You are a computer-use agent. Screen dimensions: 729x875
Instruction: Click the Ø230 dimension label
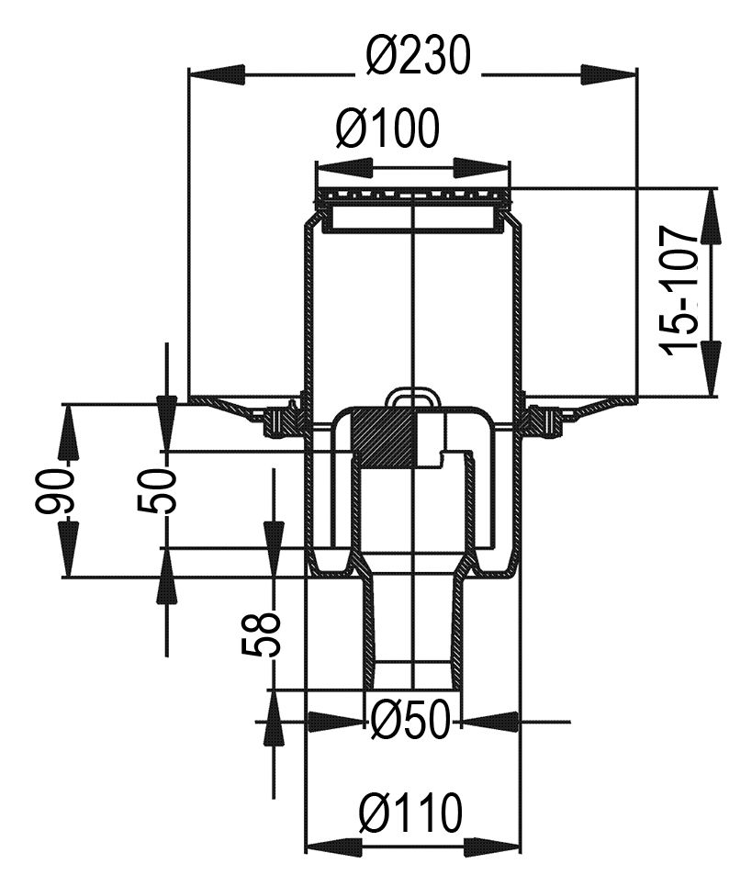click(x=419, y=55)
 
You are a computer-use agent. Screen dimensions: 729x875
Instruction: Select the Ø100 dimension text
click(x=388, y=129)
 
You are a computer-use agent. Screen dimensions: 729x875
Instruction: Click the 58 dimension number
click(x=260, y=633)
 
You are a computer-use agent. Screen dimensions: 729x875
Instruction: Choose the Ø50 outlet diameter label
click(x=410, y=719)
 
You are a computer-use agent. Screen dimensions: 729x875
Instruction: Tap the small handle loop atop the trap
click(x=413, y=398)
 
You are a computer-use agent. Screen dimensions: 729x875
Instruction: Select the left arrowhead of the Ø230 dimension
click(x=218, y=74)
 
